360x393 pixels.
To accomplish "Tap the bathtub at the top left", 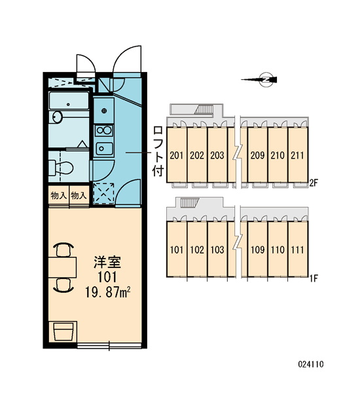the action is [69, 100].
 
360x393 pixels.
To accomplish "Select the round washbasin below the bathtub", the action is [58, 117].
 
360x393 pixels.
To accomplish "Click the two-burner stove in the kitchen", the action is [104, 130].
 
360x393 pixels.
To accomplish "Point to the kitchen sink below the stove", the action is [104, 148].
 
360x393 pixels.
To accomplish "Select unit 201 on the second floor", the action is [177, 155].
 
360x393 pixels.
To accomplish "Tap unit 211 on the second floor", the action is [298, 155].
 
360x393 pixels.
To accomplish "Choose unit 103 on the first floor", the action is [217, 250].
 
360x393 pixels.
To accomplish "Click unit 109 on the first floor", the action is [257, 250].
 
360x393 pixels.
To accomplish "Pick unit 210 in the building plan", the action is [278, 155].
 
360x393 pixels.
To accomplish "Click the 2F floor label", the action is [314, 183].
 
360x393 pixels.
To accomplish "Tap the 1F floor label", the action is [314, 278].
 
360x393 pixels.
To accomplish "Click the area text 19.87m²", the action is [108, 292].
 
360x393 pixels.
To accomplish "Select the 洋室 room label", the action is [107, 262].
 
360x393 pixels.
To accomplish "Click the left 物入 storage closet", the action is [59, 195].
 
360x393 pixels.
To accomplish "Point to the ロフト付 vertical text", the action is [158, 151].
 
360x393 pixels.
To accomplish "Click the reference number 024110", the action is [311, 364].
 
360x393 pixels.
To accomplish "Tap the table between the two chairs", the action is [62, 267].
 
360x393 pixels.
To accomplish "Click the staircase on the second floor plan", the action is [204, 110].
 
